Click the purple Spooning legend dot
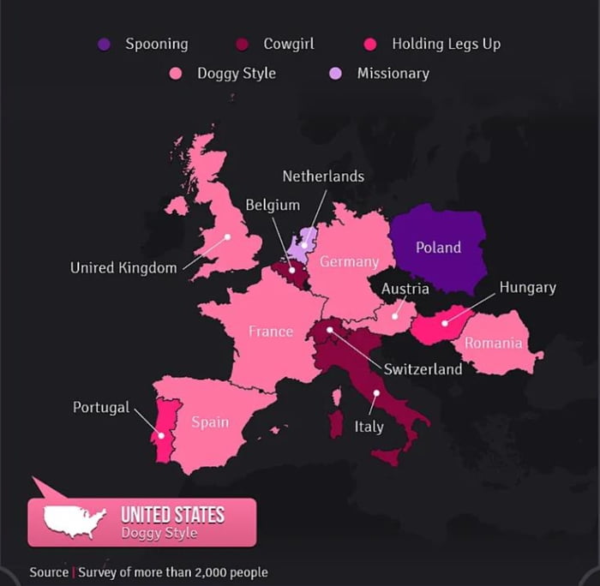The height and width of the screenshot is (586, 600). (x=105, y=44)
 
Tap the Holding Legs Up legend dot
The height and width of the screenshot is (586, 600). (x=371, y=44)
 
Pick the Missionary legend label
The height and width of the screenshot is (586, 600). (x=393, y=73)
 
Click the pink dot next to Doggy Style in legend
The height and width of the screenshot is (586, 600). (x=177, y=73)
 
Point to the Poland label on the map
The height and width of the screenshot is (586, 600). (x=438, y=248)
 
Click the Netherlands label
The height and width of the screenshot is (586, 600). (x=323, y=176)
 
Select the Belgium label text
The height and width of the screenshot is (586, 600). (x=273, y=205)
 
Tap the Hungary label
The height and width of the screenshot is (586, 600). (x=527, y=287)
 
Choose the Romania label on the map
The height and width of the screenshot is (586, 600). (x=493, y=344)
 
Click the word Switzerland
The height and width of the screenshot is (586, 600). (x=423, y=369)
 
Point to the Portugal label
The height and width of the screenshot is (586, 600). (x=101, y=407)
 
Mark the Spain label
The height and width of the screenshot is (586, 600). (x=210, y=422)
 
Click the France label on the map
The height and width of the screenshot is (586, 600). (x=271, y=331)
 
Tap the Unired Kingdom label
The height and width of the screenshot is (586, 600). (x=123, y=268)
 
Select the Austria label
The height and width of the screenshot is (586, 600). (x=405, y=289)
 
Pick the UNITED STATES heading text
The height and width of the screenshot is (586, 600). (x=172, y=515)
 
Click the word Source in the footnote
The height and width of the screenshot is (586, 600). (x=49, y=572)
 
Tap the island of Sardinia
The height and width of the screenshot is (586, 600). (x=335, y=425)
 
